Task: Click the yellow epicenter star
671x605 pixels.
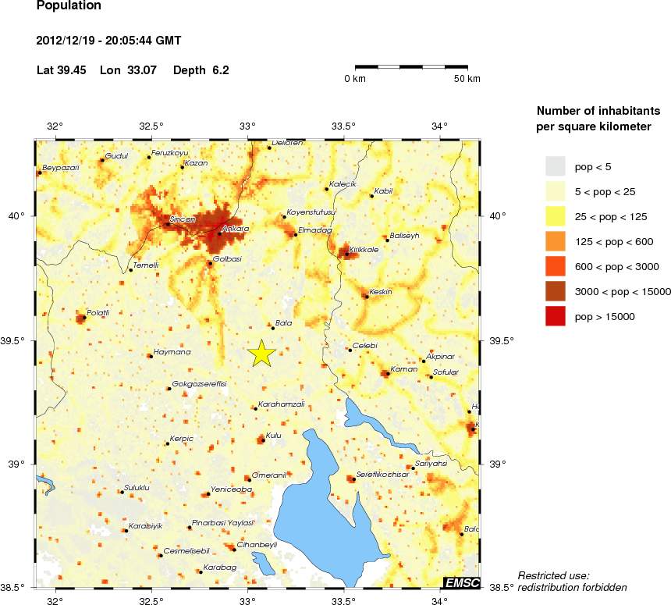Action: coord(261,353)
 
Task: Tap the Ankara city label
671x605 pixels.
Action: coord(235,229)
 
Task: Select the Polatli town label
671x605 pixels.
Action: coord(98,312)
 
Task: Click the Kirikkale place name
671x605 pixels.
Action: coord(364,249)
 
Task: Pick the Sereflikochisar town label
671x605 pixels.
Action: coord(382,474)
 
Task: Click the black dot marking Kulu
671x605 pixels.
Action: coord(263,440)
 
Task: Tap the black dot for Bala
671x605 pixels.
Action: coord(272,327)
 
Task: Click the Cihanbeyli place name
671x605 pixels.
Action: coord(257,544)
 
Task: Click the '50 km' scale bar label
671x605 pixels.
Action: coord(467,79)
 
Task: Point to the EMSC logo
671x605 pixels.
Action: coord(461,582)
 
